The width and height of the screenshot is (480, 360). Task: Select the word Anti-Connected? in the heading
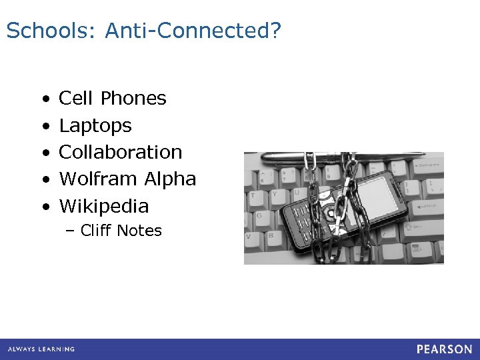(194, 31)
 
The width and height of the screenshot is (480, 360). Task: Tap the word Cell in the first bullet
(76, 99)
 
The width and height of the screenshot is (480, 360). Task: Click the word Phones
(133, 99)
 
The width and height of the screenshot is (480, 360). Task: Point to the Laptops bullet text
(95, 126)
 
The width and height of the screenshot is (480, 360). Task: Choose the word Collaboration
(121, 152)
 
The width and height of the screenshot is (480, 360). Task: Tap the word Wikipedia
(104, 206)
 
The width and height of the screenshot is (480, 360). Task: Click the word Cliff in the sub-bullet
(95, 231)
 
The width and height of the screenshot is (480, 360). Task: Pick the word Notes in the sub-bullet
(139, 231)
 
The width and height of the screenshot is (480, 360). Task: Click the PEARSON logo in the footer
(445, 349)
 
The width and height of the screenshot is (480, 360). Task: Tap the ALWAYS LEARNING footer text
(41, 349)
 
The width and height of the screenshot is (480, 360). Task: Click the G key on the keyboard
(259, 217)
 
